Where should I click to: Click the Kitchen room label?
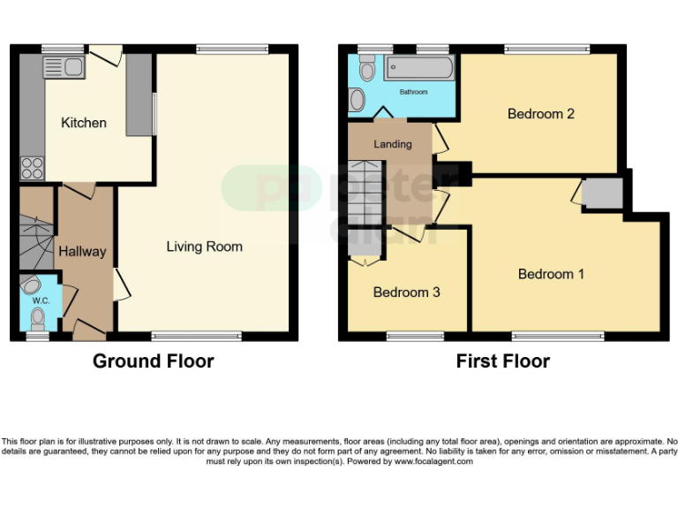pyautogui.click(x=83, y=123)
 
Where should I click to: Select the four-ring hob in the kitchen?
pyautogui.click(x=33, y=167)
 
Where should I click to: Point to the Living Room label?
pyautogui.click(x=204, y=247)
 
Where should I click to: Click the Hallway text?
pyautogui.click(x=82, y=251)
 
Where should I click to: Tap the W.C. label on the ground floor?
pyautogui.click(x=41, y=300)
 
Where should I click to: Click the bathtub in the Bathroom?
pyautogui.click(x=420, y=69)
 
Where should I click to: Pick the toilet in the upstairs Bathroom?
pyautogui.click(x=366, y=67)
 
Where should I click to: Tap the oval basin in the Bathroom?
pyautogui.click(x=358, y=100)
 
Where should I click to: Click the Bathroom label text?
pyautogui.click(x=413, y=92)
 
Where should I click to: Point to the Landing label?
pyautogui.click(x=392, y=144)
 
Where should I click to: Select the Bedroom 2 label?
pyautogui.click(x=540, y=114)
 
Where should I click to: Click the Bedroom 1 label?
pyautogui.click(x=551, y=274)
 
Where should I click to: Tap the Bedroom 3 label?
pyautogui.click(x=406, y=292)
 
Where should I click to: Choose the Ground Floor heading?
pyautogui.click(x=153, y=361)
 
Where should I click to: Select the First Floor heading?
pyautogui.click(x=502, y=361)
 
